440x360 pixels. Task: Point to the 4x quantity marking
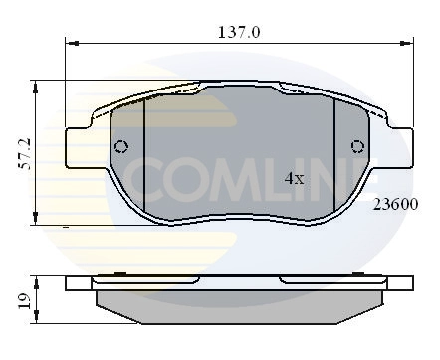294,179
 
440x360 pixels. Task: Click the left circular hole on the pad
121,147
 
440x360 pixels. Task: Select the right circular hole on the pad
357,147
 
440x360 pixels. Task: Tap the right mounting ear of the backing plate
395,146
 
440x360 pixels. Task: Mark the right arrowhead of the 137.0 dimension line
407,45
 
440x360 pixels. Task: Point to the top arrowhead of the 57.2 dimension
36,84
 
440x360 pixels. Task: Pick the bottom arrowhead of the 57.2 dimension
36,221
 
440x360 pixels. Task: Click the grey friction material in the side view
239,302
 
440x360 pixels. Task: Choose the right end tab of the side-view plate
399,283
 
